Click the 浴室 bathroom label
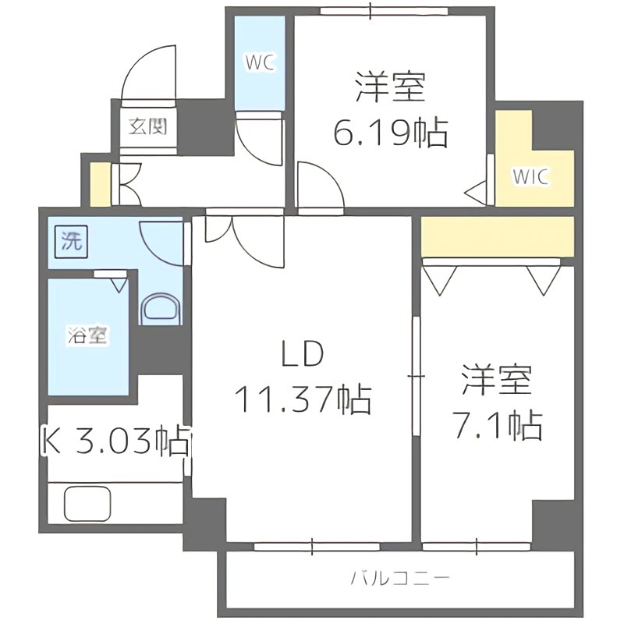click(87, 337)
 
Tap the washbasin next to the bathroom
click(161, 308)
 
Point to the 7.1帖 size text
click(497, 425)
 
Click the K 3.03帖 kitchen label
click(115, 442)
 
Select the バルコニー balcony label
click(399, 579)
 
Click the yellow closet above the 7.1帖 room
click(496, 237)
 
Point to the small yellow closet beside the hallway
click(100, 184)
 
